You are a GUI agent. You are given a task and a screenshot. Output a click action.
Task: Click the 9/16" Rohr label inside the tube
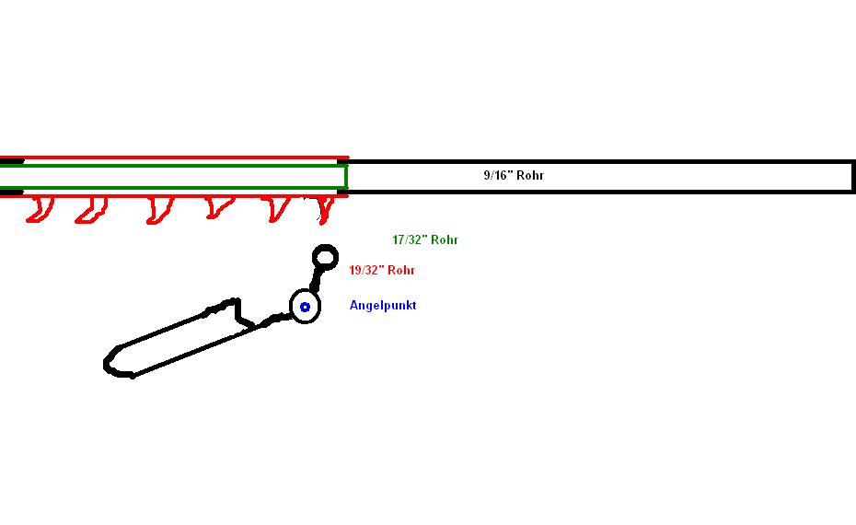tap(514, 175)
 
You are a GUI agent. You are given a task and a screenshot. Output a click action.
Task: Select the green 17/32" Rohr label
tap(424, 240)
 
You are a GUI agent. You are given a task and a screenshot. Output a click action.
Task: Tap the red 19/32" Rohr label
tap(382, 271)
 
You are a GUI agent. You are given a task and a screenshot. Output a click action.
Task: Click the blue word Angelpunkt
tap(382, 305)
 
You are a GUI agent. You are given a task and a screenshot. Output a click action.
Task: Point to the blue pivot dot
tap(305, 307)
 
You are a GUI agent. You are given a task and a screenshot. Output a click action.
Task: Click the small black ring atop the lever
tap(325, 256)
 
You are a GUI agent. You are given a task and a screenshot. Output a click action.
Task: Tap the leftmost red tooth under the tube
tap(39, 210)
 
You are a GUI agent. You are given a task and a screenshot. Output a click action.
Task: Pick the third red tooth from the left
tap(158, 210)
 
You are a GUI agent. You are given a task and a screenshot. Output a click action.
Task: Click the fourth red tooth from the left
tap(216, 208)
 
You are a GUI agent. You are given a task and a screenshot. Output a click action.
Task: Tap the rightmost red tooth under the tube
tap(324, 210)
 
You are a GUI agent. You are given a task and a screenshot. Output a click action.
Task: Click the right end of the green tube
tap(344, 176)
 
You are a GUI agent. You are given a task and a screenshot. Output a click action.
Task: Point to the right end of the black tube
tap(851, 176)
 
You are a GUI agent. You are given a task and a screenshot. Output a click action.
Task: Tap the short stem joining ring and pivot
tap(317, 279)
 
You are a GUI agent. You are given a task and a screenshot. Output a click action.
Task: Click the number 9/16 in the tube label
tap(498, 175)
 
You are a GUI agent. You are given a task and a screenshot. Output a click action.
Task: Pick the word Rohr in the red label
tap(401, 271)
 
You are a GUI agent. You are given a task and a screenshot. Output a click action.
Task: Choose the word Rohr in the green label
tap(445, 240)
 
